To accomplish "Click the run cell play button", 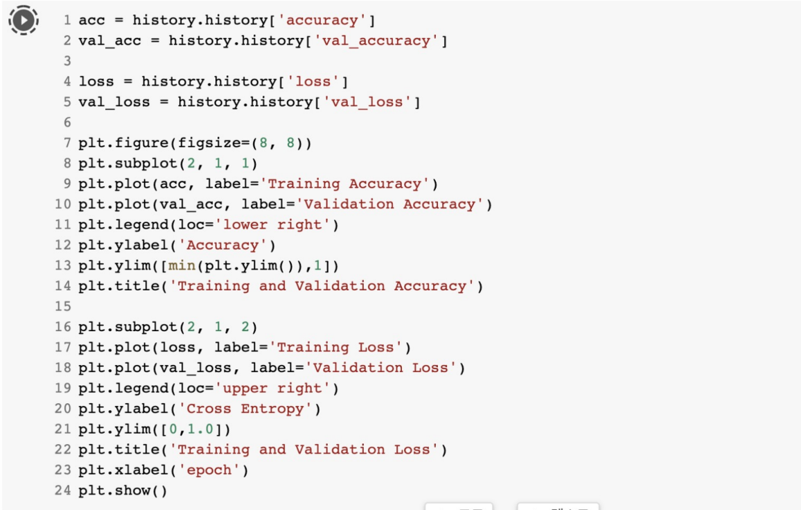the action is click(x=24, y=21).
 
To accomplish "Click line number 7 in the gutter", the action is click(x=67, y=143).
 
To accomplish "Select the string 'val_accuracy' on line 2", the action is click(x=380, y=41).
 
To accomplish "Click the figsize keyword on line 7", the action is click(x=209, y=143).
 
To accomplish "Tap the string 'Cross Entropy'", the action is click(x=245, y=409).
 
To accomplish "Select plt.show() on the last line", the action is click(x=123, y=491).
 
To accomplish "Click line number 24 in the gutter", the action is click(x=63, y=491).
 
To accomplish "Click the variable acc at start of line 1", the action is click(x=91, y=21).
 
